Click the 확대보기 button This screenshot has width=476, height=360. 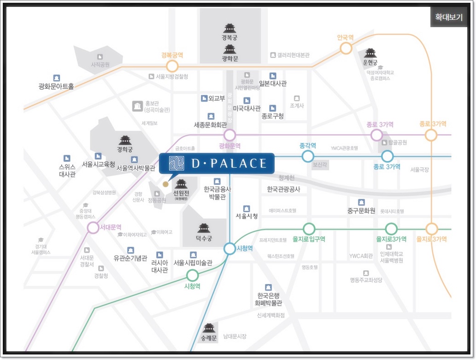click(448, 17)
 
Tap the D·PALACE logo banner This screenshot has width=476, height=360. click(217, 163)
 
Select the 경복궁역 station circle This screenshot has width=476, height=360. click(172, 66)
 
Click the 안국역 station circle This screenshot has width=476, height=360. click(346, 48)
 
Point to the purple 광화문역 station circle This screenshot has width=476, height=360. click(229, 135)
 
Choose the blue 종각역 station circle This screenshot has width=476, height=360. click(308, 157)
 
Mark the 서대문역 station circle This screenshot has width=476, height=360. click(93, 227)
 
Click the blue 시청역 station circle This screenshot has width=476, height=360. click(229, 249)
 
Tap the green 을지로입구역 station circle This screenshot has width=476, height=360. click(309, 228)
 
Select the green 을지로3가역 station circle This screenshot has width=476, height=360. click(391, 228)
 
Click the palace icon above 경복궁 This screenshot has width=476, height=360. click(229, 28)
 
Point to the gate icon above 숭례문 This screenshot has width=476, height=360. click(210, 328)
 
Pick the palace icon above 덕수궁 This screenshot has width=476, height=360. click(204, 227)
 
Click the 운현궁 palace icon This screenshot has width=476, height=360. click(370, 53)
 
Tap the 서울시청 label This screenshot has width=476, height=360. click(247, 216)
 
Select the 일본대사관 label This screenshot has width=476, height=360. click(273, 84)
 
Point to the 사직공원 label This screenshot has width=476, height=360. click(100, 65)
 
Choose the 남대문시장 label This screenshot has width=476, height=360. click(235, 337)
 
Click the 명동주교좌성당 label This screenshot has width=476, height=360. click(366, 280)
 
